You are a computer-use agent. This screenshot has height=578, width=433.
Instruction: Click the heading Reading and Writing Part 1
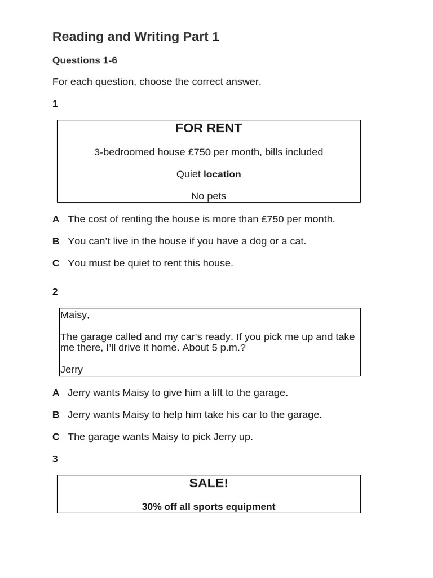tap(135, 37)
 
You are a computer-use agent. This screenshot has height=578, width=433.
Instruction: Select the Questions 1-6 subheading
tap(85, 60)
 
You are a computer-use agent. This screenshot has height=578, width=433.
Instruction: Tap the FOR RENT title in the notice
tap(209, 128)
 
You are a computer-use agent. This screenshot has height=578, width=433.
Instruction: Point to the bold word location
tap(222, 174)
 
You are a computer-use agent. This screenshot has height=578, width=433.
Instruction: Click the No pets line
tap(209, 196)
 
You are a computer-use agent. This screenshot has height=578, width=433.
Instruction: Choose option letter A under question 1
tap(56, 219)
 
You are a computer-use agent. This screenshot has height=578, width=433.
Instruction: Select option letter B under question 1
tap(56, 241)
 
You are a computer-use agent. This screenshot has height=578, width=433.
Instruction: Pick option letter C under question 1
tap(56, 263)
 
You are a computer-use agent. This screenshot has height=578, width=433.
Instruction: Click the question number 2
tap(55, 292)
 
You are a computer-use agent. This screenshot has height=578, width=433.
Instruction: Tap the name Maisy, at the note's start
tap(75, 315)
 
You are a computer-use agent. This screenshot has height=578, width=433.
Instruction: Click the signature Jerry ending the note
tap(72, 370)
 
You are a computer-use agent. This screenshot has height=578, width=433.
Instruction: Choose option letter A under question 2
tap(56, 392)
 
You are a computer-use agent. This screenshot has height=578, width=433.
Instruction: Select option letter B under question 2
tap(56, 414)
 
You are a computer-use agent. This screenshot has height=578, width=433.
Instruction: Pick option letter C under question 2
tap(56, 436)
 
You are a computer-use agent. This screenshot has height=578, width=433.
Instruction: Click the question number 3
tap(55, 459)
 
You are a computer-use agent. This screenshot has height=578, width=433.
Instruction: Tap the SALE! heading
tap(209, 483)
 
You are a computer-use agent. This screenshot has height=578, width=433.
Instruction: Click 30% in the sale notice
tap(152, 507)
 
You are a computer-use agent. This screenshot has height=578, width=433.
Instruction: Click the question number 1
tap(55, 104)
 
